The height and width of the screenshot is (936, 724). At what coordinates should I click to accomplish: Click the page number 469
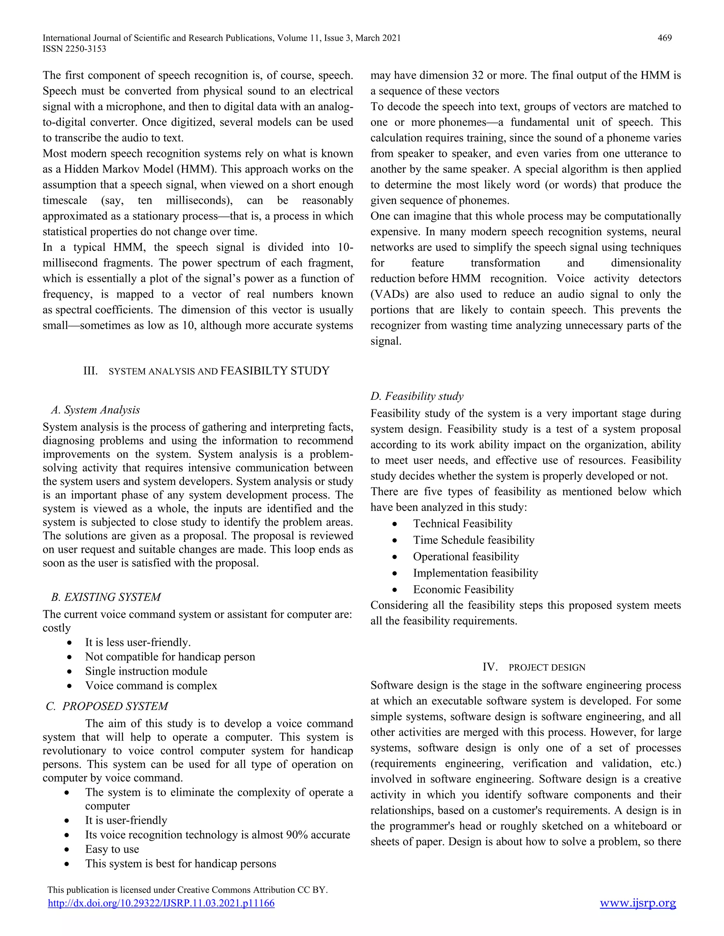(x=664, y=38)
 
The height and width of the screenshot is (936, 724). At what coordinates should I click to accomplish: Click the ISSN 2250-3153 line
(x=74, y=49)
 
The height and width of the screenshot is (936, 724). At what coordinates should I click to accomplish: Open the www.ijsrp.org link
(x=638, y=903)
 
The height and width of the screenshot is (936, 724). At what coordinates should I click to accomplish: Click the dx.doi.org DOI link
(x=161, y=904)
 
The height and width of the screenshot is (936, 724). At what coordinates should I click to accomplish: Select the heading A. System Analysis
(x=95, y=410)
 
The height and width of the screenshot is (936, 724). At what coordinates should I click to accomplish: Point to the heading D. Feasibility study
(x=417, y=396)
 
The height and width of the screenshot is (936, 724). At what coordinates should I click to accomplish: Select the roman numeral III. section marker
(x=90, y=371)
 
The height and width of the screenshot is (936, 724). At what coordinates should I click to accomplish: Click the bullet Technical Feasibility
(x=462, y=524)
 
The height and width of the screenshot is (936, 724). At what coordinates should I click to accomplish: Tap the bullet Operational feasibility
(x=466, y=557)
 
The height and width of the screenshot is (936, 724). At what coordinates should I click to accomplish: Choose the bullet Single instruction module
(x=146, y=671)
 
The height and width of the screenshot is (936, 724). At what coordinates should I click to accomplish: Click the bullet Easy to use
(x=112, y=849)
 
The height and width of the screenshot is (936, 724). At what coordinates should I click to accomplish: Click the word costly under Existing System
(x=57, y=628)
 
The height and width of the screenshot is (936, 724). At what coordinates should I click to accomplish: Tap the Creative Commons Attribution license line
(x=187, y=890)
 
